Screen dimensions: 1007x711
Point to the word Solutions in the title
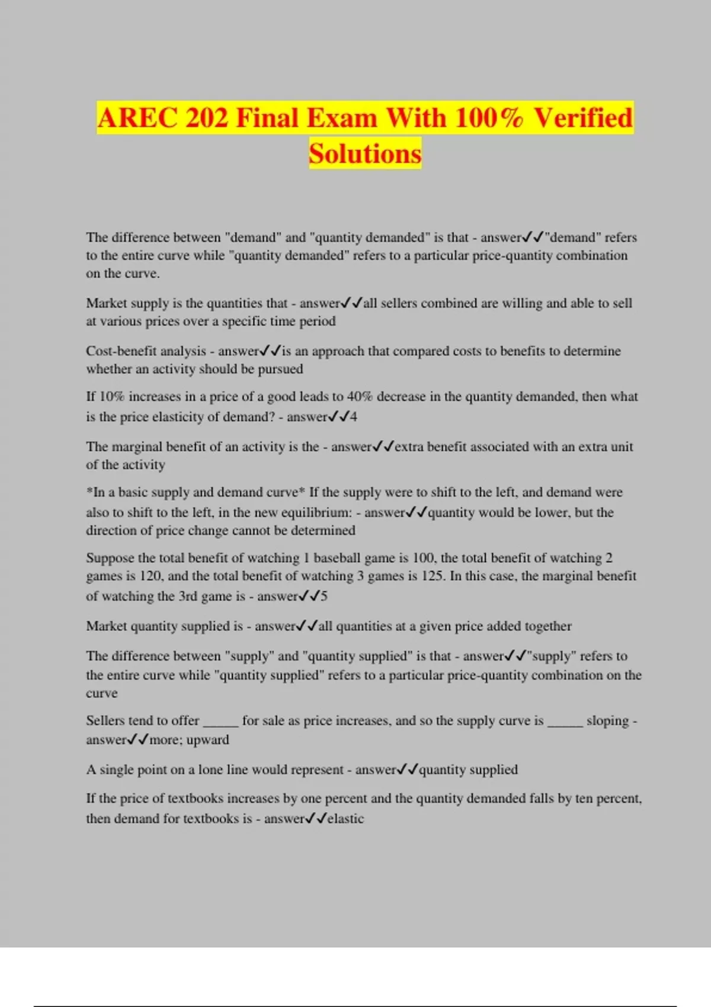pos(365,153)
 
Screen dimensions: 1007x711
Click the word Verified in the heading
pos(583,117)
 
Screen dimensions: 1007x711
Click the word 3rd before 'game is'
pos(188,596)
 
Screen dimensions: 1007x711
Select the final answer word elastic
pos(345,819)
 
